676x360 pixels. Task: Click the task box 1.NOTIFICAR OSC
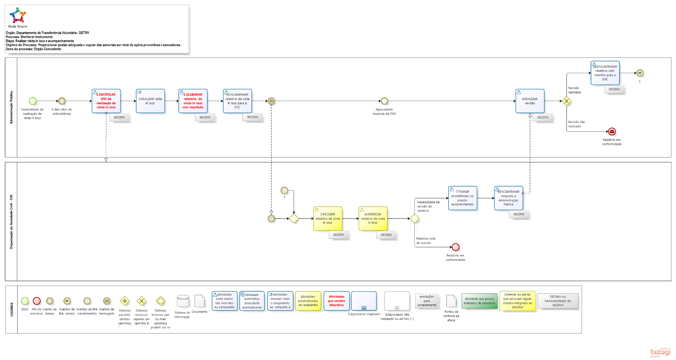106,101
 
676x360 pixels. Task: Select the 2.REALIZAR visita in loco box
150,101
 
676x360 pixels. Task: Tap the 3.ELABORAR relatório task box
193,101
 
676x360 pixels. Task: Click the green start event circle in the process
33,101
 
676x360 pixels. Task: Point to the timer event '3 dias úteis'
62,101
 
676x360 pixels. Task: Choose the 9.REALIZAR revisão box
530,101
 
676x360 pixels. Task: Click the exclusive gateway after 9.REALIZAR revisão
567,101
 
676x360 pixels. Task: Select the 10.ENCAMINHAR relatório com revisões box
605,73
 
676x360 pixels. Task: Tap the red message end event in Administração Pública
612,132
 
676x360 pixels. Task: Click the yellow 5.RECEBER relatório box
328,219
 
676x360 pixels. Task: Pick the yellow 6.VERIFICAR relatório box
373,219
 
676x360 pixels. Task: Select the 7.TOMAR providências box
463,198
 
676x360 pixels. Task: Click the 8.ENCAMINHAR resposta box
508,198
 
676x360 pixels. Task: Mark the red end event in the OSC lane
456,247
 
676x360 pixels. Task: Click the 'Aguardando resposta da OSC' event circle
384,101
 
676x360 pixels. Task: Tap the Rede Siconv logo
18,16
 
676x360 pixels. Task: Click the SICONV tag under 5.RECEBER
339,235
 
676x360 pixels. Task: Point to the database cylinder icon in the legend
183,302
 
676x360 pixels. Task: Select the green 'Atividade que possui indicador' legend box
479,301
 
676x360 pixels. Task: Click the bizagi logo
660,352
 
